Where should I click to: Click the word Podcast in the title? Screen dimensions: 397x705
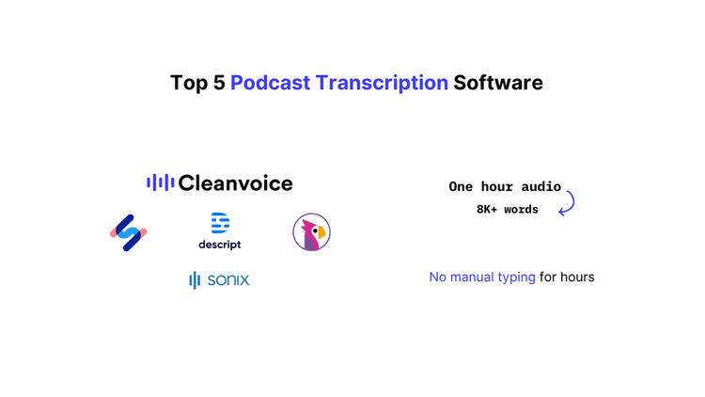pos(270,83)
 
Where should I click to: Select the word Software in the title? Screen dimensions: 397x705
pos(498,83)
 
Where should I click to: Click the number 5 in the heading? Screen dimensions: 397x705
pos(218,83)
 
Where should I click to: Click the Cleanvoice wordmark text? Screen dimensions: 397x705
pos(235,183)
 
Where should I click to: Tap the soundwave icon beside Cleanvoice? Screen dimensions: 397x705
pos(160,183)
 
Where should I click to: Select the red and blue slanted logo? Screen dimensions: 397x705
pos(129,232)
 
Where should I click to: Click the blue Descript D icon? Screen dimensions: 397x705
pos(220,223)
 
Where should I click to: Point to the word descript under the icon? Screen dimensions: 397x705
pos(220,245)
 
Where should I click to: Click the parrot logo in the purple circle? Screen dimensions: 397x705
pos(311,232)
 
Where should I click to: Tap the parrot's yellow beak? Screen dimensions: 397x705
pos(321,230)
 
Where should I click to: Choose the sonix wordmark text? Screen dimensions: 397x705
pos(228,279)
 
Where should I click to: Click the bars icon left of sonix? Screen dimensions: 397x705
pos(195,279)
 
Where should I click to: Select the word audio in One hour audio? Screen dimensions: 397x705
pos(540,186)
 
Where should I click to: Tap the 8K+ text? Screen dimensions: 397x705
pos(487,209)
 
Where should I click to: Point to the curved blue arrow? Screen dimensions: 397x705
pos(567,203)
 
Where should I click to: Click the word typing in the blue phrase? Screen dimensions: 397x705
pos(514,277)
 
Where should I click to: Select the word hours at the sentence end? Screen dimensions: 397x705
pos(577,277)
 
